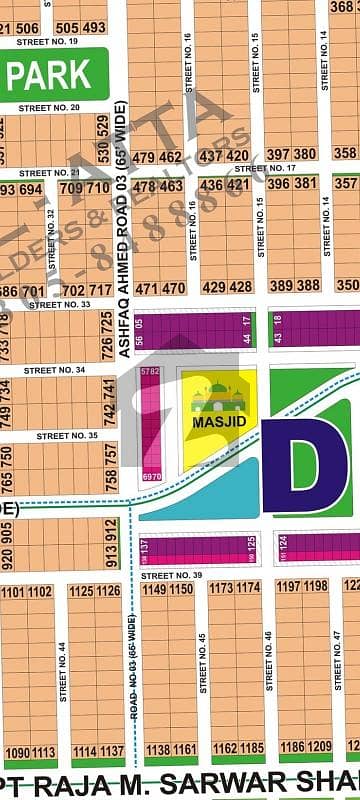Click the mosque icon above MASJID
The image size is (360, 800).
click(x=218, y=397)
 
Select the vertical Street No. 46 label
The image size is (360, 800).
click(x=268, y=660)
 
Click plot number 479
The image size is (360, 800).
click(x=143, y=157)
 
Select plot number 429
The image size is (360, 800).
click(x=212, y=287)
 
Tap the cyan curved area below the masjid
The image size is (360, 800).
click(x=200, y=496)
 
